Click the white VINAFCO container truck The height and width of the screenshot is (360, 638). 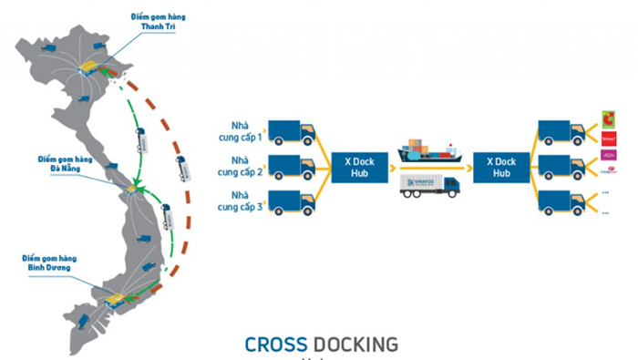(x=429, y=186)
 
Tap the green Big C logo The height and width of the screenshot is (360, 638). (x=608, y=119)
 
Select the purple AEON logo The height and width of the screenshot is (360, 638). (x=608, y=155)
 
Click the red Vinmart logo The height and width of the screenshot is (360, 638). (x=608, y=138)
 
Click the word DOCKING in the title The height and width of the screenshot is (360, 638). (x=356, y=345)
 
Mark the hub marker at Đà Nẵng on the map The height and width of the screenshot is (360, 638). (x=130, y=189)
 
